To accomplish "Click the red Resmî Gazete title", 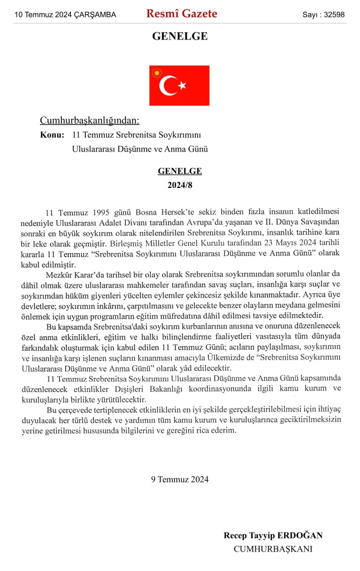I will (182, 14).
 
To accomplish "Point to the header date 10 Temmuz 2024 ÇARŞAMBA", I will (65, 15).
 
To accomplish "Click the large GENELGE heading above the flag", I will (179, 37).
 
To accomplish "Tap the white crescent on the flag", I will (168, 85).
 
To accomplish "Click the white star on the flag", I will (182, 85).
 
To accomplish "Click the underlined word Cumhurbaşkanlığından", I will (89, 120).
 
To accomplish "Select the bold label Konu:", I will (52, 135).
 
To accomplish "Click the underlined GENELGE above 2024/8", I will (179, 171).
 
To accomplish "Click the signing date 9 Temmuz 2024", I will (179, 479).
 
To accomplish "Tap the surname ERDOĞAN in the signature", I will (304, 535).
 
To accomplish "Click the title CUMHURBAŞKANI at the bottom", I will (273, 549).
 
